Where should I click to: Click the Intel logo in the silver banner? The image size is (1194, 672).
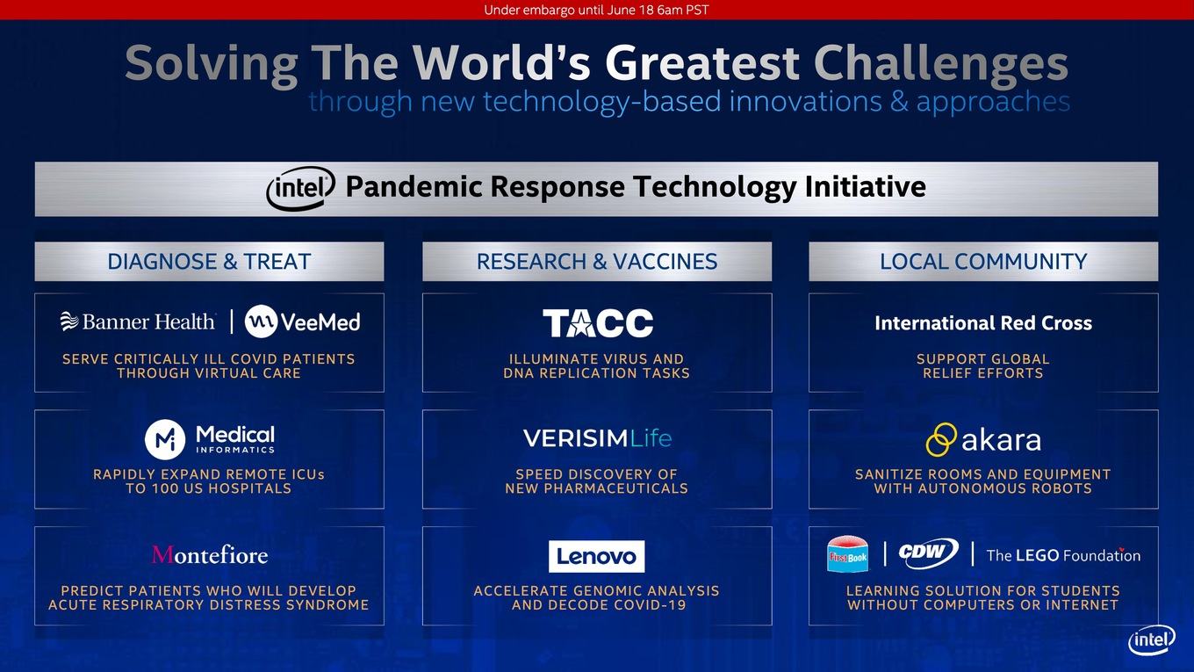pos(300,188)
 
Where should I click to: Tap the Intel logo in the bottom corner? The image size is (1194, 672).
pos(1151,640)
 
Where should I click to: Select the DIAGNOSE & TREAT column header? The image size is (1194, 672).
pos(209,262)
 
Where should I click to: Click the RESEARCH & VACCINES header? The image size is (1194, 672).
pos(597,262)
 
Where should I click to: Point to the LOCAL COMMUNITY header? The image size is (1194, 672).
pos(983,262)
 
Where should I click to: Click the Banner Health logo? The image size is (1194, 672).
pos(138,322)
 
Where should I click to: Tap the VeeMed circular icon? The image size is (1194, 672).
pos(261,322)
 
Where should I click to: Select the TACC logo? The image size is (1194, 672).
pos(598,322)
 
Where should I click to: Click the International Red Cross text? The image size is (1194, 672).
pos(983,323)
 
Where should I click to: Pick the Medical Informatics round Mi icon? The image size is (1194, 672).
pos(165,439)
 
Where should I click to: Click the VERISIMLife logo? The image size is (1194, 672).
pos(598,438)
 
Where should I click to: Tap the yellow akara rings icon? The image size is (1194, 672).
pos(941,439)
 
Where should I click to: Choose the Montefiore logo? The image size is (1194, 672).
pos(210,555)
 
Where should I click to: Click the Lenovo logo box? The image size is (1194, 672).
pos(596,556)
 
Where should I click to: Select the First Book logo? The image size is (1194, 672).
pos(847,554)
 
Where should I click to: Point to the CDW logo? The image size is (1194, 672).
pos(929,553)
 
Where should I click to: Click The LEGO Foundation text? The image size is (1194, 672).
pos(1063,556)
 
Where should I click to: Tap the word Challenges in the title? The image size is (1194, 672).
pos(940,64)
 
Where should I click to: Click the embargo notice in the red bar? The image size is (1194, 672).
pos(596,11)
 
